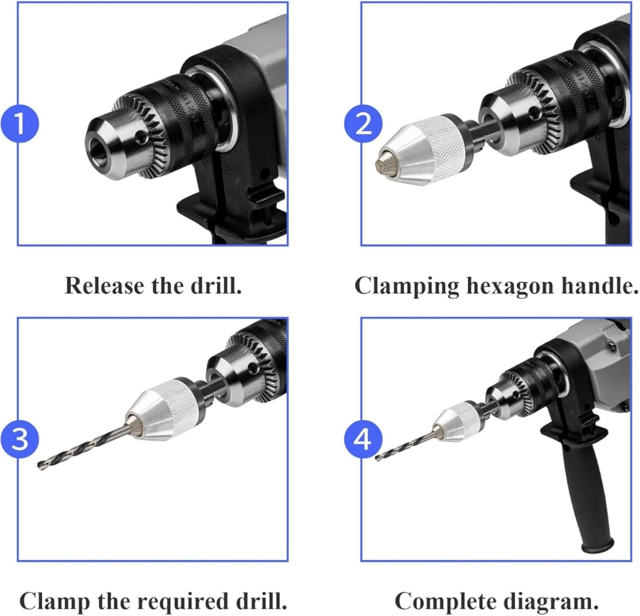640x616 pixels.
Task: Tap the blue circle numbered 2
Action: pos(363,124)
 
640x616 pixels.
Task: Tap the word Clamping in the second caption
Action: pos(407,286)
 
